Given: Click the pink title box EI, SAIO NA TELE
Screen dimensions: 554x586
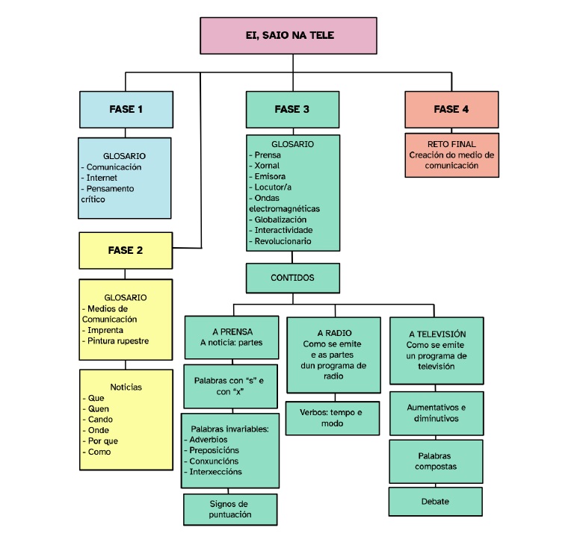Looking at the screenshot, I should tap(289, 35).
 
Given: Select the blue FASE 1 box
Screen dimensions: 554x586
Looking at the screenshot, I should tap(126, 109).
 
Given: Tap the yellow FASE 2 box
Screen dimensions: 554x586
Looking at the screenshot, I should tap(126, 250).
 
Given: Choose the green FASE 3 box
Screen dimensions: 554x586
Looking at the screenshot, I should tap(292, 109).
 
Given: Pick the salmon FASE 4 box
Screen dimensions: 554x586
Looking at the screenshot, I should tap(451, 109).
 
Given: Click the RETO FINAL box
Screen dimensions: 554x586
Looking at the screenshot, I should tap(451, 155).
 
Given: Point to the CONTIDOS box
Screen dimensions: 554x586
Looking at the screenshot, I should tap(292, 278).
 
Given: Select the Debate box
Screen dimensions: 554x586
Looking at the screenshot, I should tap(435, 501).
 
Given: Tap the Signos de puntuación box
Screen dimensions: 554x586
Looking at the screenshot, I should tap(230, 509).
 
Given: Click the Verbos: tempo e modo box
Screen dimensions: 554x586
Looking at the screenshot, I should tap(331, 418).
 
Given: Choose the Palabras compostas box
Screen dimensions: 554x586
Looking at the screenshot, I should tap(435, 461).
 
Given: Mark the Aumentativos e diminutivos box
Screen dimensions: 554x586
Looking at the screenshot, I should tap(436, 413).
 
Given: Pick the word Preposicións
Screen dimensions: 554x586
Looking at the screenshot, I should tap(215, 450).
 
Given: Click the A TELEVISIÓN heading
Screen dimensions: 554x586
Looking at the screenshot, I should tap(437, 334).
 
